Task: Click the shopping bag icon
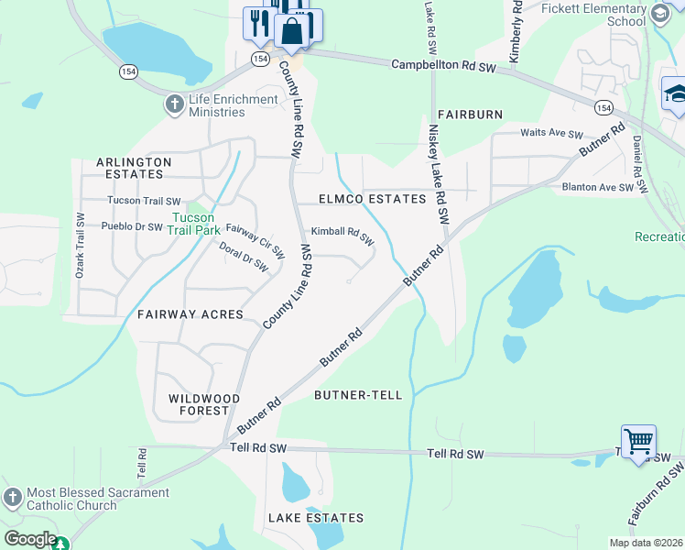tap(291, 30)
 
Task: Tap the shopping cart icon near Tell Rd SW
tap(637, 443)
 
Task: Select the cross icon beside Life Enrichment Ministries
tap(174, 105)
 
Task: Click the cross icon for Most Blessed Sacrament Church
tap(12, 498)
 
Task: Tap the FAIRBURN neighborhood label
tap(470, 115)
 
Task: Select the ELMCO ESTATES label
tap(372, 199)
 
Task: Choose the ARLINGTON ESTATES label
tap(134, 168)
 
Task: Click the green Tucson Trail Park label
tap(192, 224)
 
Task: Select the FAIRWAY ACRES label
tap(190, 314)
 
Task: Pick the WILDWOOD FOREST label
tap(204, 404)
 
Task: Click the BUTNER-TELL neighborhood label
tap(358, 395)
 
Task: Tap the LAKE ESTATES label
tap(315, 518)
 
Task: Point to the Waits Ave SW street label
tap(551, 134)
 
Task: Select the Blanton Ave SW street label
tap(598, 188)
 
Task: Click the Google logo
tap(30, 539)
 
